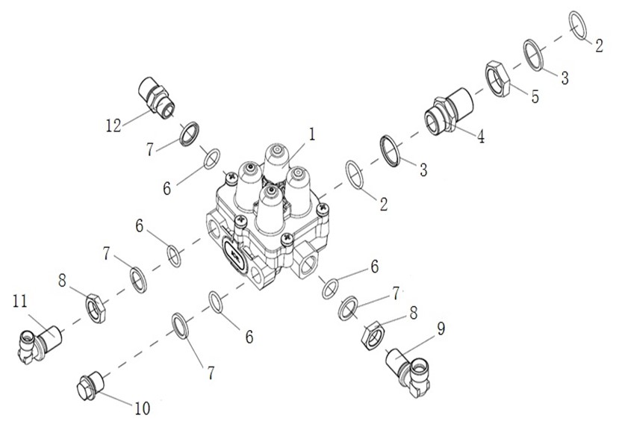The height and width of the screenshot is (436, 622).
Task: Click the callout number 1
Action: (312, 134)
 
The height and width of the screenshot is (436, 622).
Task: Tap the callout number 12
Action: (113, 125)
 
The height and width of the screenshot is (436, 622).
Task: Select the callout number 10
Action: (143, 408)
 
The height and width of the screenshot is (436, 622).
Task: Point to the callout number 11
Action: (20, 301)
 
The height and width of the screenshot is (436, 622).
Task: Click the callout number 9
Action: (441, 328)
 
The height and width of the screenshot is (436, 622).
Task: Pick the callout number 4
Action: (481, 137)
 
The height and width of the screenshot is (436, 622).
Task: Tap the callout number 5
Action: (535, 96)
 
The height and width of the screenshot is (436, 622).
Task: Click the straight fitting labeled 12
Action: (156, 97)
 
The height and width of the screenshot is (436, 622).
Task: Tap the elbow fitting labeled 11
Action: (40, 342)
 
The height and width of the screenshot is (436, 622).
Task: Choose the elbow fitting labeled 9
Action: (409, 371)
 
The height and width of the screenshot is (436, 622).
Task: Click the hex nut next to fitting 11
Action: (96, 308)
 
